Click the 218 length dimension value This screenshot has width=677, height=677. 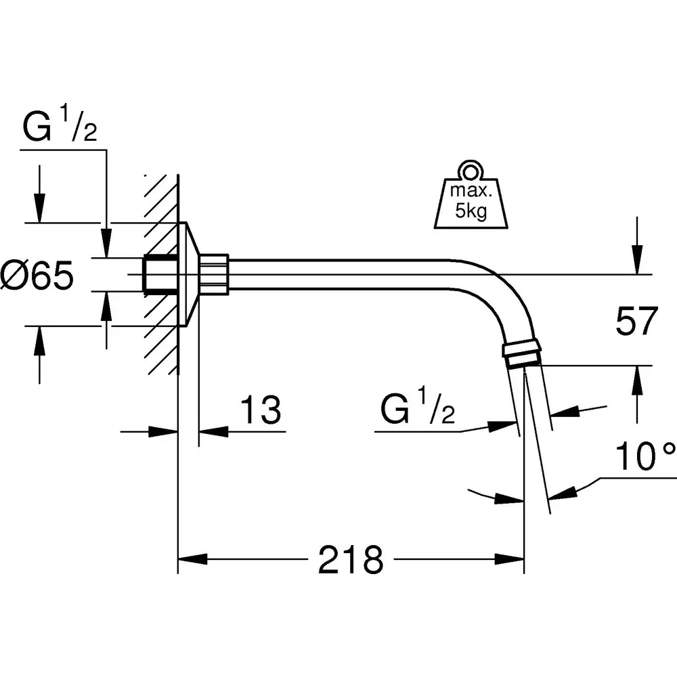point(351,560)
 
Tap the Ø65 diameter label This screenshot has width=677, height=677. point(37,275)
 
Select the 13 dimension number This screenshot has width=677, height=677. point(261,410)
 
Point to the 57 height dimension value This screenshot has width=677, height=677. point(636,321)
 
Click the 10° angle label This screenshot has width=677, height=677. point(645,456)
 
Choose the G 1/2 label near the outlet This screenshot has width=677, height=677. point(418,406)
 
